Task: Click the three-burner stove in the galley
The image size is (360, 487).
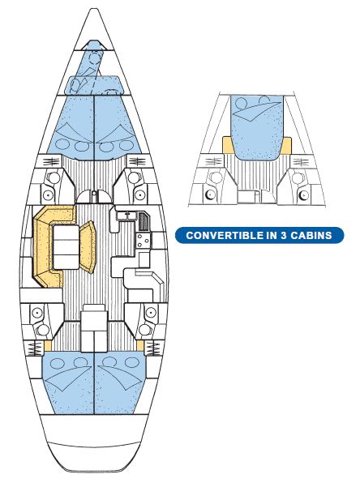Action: click(144, 241)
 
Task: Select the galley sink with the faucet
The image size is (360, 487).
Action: click(126, 215)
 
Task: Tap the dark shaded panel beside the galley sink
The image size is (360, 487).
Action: click(144, 220)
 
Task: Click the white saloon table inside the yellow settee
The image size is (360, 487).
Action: click(66, 247)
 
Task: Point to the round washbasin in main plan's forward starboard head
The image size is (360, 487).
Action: click(133, 177)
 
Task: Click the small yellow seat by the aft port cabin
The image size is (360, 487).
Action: click(48, 345)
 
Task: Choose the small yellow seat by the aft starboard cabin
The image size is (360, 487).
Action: click(140, 345)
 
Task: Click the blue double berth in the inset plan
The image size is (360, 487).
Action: click(257, 127)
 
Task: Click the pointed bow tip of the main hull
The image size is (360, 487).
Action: click(93, 9)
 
